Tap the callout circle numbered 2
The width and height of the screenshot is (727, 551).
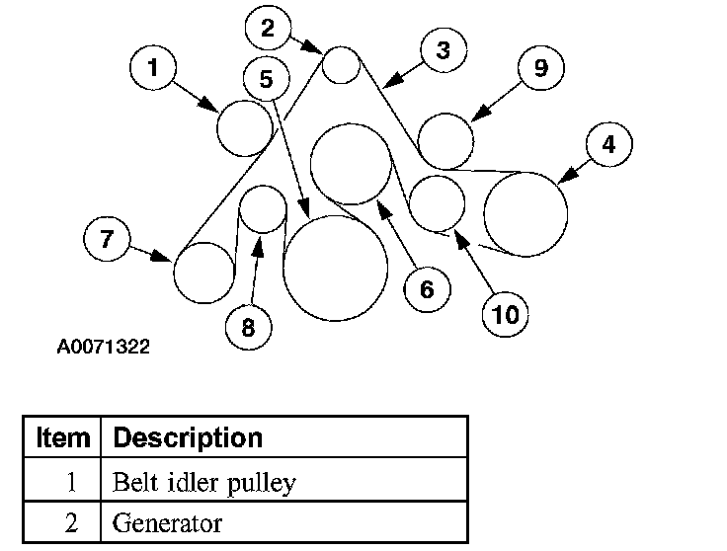269,28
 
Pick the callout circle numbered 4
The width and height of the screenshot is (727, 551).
608,144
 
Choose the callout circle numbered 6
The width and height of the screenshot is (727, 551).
427,289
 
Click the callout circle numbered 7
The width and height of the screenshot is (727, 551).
107,238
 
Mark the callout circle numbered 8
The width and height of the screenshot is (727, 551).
248,327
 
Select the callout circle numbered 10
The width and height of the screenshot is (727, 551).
505,314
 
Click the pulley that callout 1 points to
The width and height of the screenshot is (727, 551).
244,128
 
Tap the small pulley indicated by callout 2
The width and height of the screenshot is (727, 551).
341,65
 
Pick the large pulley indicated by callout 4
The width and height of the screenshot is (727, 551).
525,213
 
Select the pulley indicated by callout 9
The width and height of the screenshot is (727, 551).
446,140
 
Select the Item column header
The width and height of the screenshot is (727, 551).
62,436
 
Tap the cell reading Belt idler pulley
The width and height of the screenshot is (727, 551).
205,483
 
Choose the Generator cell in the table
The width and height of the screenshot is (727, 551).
168,522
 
